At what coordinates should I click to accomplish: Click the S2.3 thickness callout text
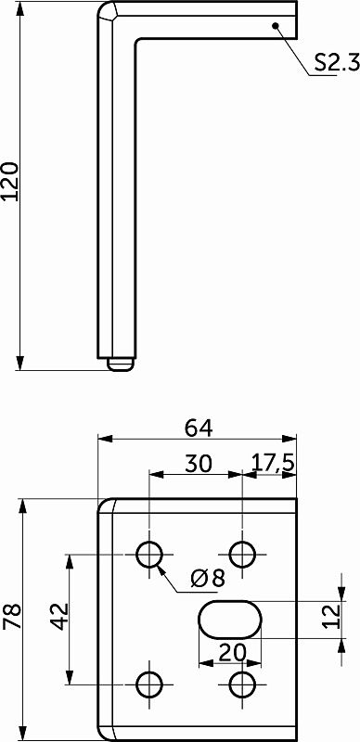(333, 63)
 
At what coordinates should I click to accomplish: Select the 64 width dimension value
(199, 428)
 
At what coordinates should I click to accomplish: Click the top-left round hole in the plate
(149, 554)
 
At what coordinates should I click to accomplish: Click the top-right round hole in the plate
(243, 554)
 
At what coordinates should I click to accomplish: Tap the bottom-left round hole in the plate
(149, 684)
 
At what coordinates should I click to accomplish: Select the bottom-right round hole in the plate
(243, 684)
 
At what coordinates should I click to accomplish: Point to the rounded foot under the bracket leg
(119, 364)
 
